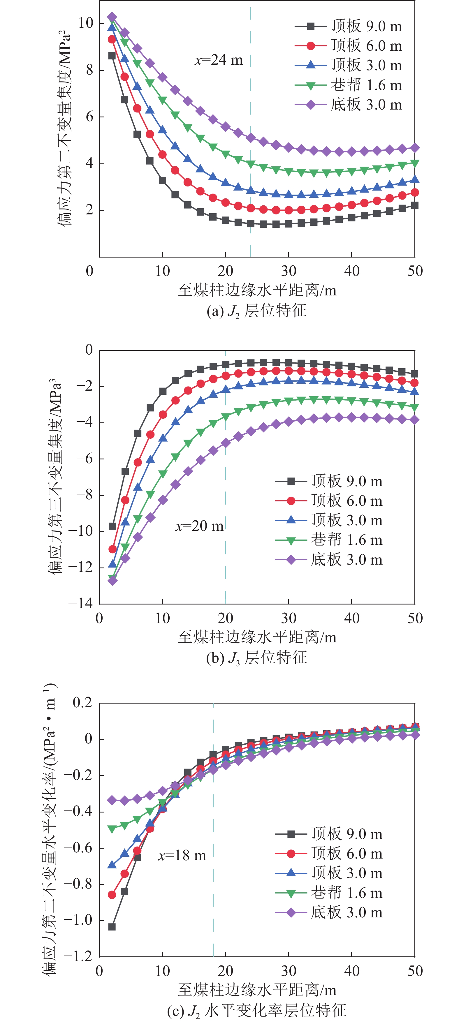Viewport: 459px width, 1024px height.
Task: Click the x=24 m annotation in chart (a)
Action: click(218, 60)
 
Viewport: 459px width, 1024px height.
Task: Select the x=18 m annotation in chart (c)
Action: click(182, 855)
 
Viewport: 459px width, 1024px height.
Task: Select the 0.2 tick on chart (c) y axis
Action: click(82, 702)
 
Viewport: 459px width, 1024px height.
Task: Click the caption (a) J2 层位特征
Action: click(256, 311)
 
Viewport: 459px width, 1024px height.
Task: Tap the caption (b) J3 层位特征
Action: click(256, 658)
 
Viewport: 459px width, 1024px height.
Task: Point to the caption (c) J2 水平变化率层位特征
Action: click(256, 1010)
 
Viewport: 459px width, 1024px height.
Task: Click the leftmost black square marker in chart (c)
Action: click(112, 927)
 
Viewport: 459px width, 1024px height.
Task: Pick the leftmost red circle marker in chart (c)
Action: click(112, 895)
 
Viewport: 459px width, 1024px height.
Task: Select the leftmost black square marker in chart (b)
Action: click(112, 526)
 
